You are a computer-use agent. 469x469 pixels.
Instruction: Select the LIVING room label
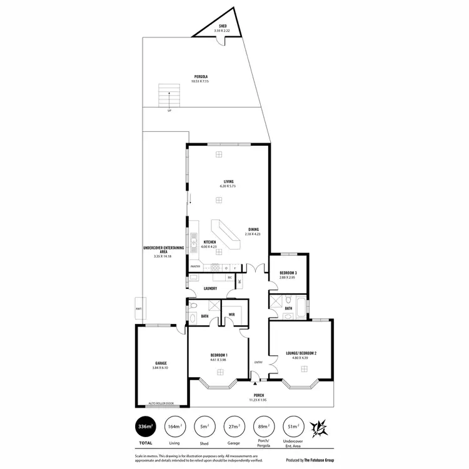218,182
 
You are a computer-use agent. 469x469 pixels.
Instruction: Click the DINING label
253,229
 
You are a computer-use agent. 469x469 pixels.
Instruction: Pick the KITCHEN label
210,243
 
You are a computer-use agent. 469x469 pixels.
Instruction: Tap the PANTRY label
196,266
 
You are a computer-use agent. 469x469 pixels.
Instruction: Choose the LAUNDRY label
210,288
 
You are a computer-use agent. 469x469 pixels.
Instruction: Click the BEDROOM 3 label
288,273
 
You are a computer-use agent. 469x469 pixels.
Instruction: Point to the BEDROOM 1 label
218,356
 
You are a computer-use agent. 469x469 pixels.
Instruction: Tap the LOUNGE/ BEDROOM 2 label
301,353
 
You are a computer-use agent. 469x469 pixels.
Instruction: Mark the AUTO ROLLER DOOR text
160,403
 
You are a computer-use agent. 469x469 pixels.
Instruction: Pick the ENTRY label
258,362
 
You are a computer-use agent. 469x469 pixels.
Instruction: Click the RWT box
138,309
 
